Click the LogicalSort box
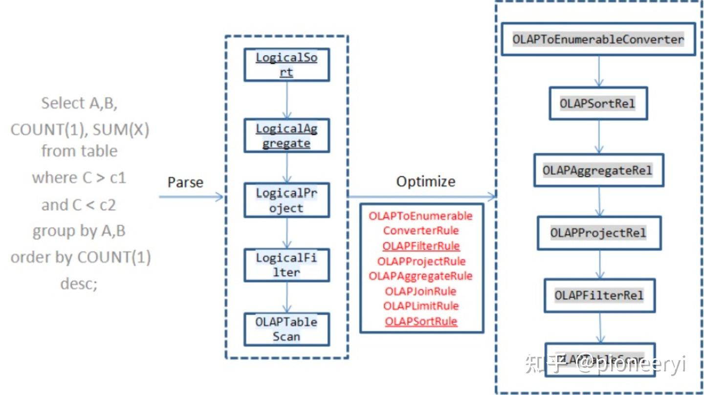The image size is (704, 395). coord(286,65)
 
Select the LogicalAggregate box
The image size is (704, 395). coord(286,136)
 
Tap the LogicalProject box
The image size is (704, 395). coord(286,200)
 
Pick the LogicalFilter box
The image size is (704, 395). coord(286,265)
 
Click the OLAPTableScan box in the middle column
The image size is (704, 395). coord(286,329)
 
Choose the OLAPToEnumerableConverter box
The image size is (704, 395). coord(598,39)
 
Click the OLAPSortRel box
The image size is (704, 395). coord(598,104)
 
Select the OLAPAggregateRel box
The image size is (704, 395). coord(598,170)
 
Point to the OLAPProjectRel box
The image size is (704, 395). coord(599,233)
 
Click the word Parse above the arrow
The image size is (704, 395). coord(185,182)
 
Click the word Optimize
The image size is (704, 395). coord(425,181)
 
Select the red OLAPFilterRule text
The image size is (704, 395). coord(421,246)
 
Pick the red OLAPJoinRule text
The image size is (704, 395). coord(420,291)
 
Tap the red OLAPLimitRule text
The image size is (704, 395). coord(421,306)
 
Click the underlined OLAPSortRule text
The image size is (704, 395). coord(421,321)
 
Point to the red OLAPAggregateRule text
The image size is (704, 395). coord(420,276)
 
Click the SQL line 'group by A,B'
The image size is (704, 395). coord(79,231)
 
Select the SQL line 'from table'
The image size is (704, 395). coord(79,151)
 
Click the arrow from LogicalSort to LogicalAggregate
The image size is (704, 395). coord(286,100)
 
